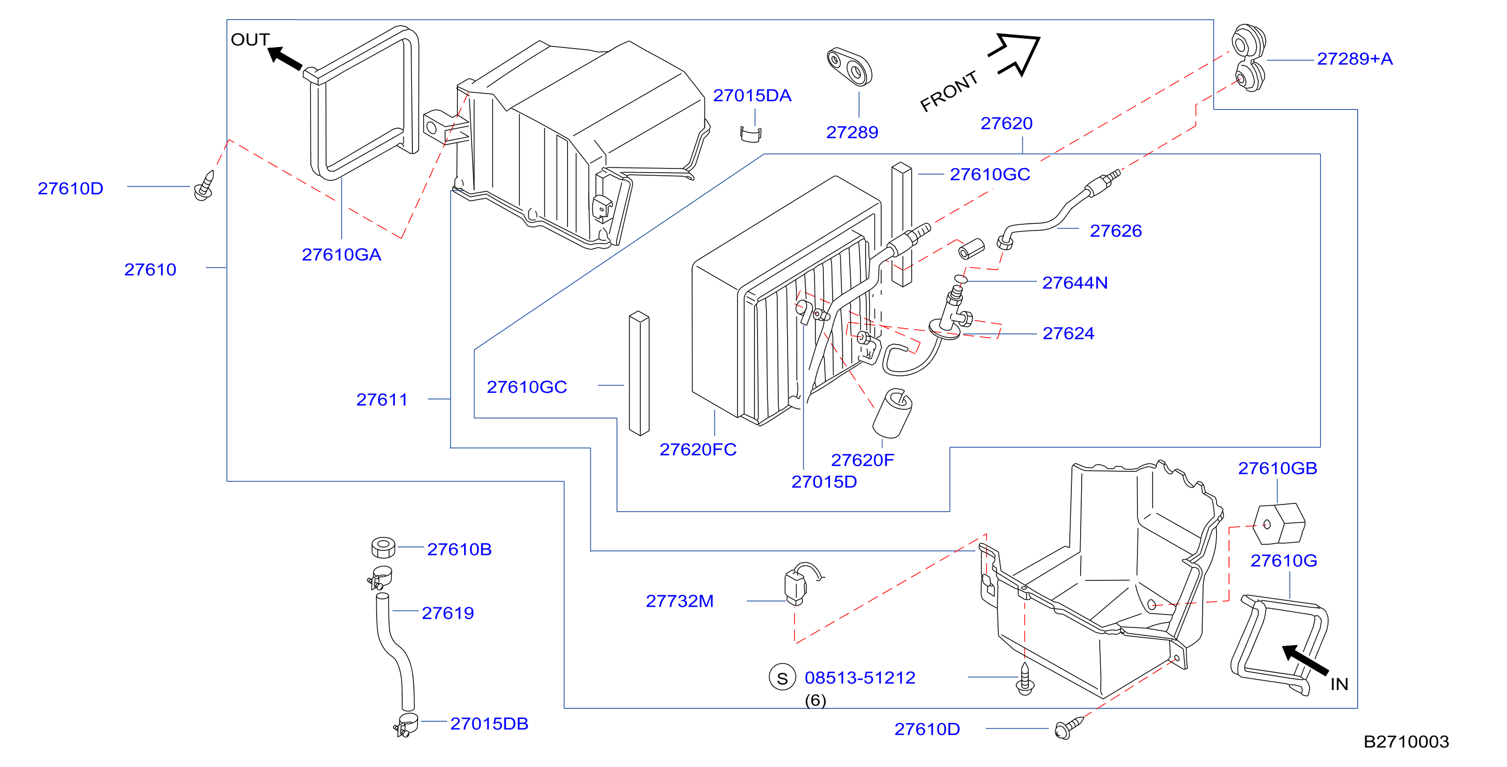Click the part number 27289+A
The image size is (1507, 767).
point(1355,58)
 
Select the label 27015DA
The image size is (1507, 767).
point(752,96)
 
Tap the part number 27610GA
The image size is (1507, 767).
point(341,254)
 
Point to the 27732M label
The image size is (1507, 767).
point(679,601)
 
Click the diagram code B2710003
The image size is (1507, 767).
point(1406,742)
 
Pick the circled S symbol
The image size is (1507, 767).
point(782,678)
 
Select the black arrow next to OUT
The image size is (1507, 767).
point(285,58)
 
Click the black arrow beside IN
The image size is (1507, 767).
point(1304,660)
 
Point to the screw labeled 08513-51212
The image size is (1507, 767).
point(1025,679)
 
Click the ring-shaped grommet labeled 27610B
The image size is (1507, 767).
point(383,547)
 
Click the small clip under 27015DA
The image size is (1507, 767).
point(751,134)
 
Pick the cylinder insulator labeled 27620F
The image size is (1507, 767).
point(892,413)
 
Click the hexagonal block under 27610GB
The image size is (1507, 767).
point(1280,524)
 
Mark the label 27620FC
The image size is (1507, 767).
point(698,449)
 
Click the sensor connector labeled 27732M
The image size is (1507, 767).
point(798,584)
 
